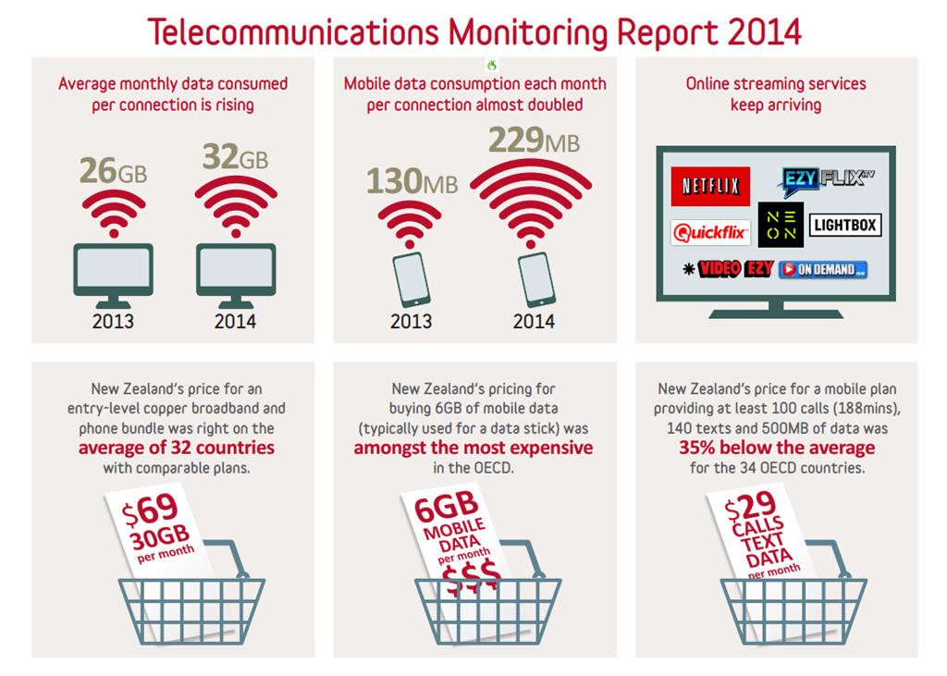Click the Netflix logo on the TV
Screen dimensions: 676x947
tap(710, 187)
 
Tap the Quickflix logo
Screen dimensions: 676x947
tap(710, 232)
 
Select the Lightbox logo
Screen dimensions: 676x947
tap(844, 225)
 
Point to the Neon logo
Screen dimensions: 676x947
tap(781, 225)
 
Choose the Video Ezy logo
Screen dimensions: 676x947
tap(728, 269)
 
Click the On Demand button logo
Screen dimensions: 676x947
tap(822, 270)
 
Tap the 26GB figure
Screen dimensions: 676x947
tap(113, 171)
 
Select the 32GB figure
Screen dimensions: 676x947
tap(235, 157)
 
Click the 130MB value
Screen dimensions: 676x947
tap(412, 181)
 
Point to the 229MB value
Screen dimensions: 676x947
tap(535, 141)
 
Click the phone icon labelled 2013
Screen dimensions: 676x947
tap(412, 279)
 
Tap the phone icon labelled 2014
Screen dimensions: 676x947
tap(535, 280)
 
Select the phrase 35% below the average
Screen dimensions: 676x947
tap(777, 449)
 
